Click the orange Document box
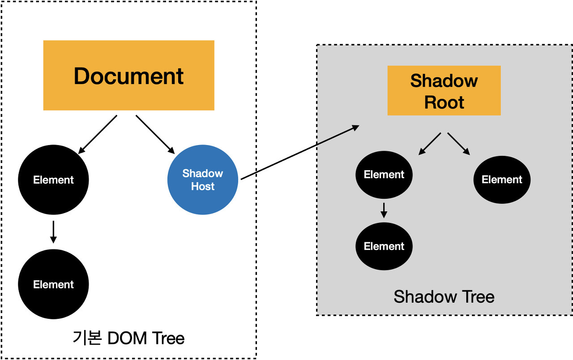tap(128, 75)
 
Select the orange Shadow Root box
tap(444, 90)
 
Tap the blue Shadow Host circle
tap(203, 180)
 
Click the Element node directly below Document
tap(53, 180)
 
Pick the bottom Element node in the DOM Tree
tap(53, 284)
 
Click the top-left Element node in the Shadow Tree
tap(384, 175)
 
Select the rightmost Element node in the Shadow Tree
tap(502, 180)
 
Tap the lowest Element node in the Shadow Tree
tap(384, 246)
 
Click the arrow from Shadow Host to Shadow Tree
tap(299, 153)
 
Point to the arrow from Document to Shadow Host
tap(155, 134)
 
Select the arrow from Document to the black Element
tap(98, 134)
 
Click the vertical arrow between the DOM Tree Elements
tap(53, 232)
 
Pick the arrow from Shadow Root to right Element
tap(459, 144)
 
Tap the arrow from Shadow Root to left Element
tap(430, 144)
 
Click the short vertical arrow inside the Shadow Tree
tap(384, 210)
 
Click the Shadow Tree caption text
tap(444, 296)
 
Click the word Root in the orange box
tap(444, 103)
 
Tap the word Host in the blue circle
tap(203, 186)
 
